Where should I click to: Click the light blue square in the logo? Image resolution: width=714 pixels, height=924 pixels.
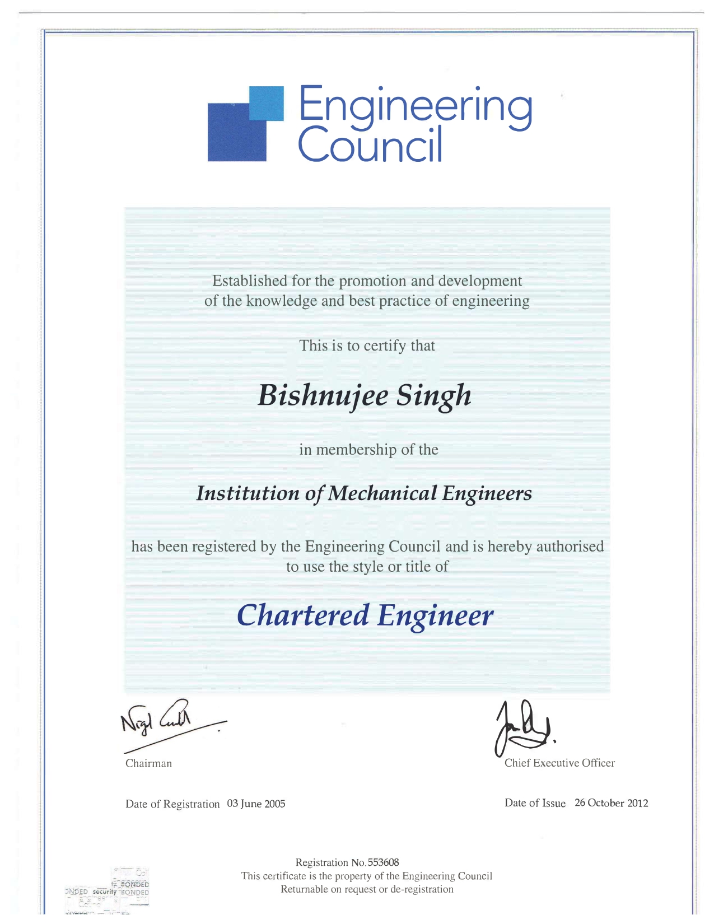(x=266, y=103)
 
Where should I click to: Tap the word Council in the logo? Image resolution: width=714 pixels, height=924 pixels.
(x=370, y=144)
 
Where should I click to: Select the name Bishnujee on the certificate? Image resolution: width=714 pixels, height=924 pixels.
(x=323, y=395)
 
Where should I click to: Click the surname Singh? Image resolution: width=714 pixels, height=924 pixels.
(x=434, y=395)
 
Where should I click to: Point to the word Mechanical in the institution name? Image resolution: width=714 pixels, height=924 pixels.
(x=382, y=493)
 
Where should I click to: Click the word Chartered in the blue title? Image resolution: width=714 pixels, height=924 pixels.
(x=303, y=615)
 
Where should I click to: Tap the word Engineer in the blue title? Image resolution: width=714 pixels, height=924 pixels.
(x=435, y=616)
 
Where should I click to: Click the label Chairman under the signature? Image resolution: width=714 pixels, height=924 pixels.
(x=148, y=763)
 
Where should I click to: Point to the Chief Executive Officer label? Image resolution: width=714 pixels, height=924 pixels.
(x=559, y=763)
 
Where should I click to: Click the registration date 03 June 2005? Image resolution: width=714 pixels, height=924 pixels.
(x=256, y=804)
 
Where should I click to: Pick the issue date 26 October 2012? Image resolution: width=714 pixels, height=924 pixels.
(x=611, y=803)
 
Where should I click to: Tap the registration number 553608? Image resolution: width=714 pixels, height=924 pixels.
(x=383, y=862)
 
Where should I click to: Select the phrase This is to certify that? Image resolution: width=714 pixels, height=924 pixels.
(x=367, y=346)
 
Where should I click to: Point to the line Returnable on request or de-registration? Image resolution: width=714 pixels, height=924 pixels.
(x=367, y=889)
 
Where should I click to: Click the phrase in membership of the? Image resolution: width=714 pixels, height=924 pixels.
(x=368, y=450)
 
